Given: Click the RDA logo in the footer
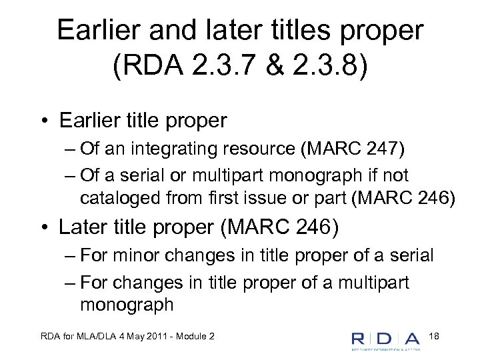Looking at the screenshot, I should click(386, 340).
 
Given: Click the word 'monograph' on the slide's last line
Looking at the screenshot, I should click(127, 305).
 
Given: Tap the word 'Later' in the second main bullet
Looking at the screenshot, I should click(83, 228).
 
